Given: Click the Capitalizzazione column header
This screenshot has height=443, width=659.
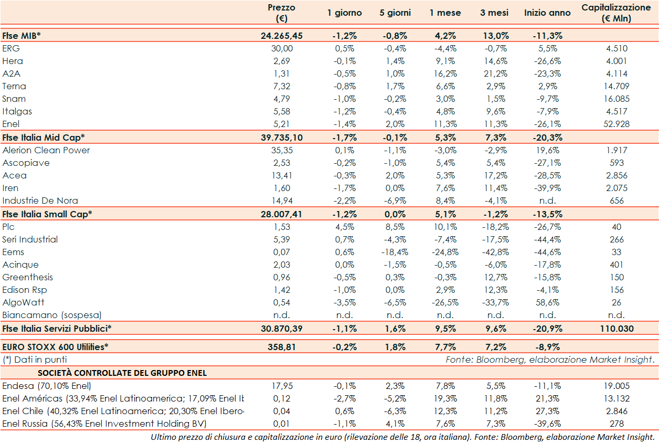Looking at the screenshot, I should [x=616, y=13].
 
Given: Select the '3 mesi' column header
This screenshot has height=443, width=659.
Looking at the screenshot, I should [x=490, y=13].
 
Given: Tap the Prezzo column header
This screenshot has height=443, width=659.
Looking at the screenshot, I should [x=281, y=13].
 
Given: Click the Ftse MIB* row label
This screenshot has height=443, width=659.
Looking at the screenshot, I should [x=22, y=36].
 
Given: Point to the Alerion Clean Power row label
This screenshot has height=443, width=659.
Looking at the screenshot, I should [x=46, y=150].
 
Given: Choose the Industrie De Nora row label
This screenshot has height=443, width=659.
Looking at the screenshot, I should [x=40, y=201].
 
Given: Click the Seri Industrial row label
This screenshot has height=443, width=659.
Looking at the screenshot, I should [x=30, y=239].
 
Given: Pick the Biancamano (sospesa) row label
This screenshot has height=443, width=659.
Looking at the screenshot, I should [x=52, y=315].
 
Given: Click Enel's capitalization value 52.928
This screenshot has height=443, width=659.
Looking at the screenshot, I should [x=617, y=124].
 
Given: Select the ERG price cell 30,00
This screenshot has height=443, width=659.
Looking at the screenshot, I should [x=281, y=48].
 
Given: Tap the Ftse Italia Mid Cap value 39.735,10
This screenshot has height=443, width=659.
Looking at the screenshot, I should [x=281, y=138].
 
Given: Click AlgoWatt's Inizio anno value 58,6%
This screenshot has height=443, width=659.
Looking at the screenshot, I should [x=547, y=302].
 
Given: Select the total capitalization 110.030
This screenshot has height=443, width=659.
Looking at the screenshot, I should [x=617, y=329].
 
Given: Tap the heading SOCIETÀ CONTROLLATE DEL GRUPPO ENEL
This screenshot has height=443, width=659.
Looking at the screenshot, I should [x=122, y=373].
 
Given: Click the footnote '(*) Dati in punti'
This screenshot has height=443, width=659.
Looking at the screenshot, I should [x=35, y=360].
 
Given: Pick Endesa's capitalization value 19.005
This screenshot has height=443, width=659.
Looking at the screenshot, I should [x=617, y=386].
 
